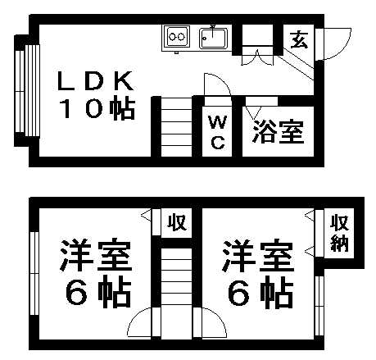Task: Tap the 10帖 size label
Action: [x=95, y=110]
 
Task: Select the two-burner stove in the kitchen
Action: [x=176, y=37]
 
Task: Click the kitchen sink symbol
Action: [x=214, y=37]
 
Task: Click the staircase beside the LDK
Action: [x=172, y=126]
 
